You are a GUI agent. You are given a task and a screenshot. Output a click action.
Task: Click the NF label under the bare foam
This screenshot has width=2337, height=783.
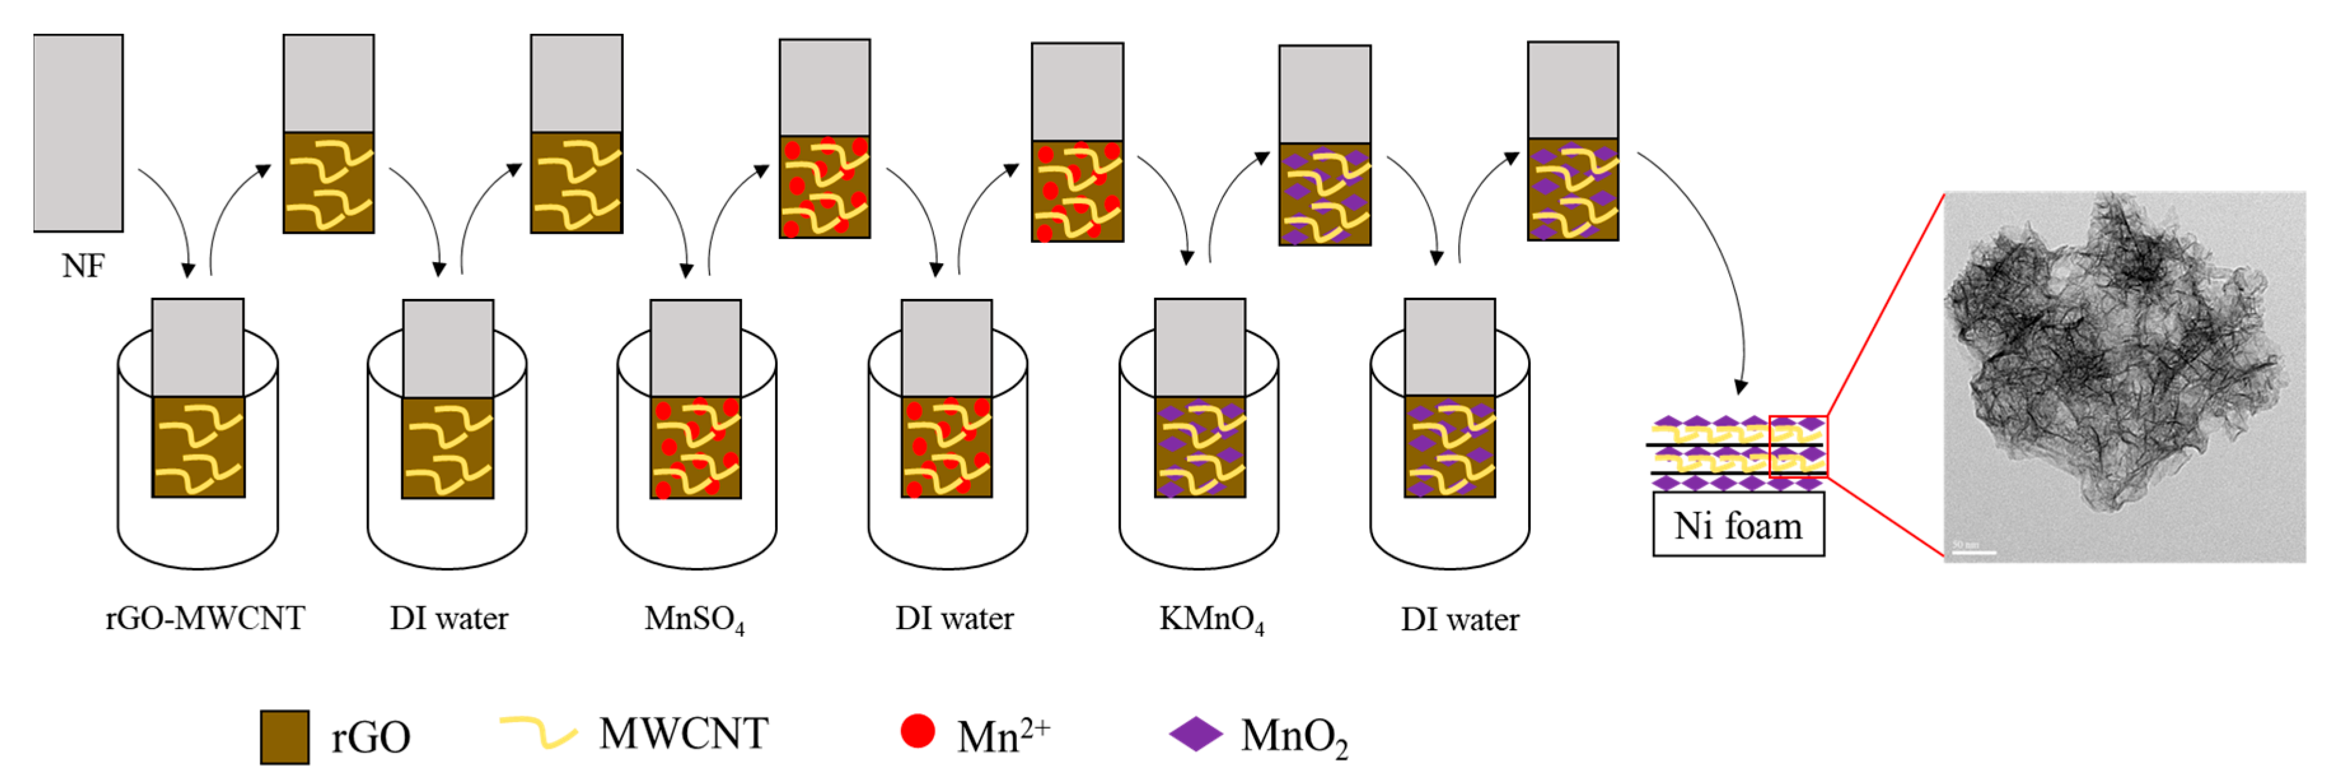[x=83, y=266]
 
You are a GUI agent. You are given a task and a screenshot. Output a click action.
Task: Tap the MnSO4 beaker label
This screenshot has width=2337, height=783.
[x=694, y=620]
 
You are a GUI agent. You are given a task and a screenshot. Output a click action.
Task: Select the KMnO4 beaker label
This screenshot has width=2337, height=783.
[x=1211, y=620]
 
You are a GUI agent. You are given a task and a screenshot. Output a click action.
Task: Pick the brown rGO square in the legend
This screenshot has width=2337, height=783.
[x=284, y=737]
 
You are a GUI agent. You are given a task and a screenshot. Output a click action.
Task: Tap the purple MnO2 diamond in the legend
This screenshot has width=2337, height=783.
[x=1196, y=734]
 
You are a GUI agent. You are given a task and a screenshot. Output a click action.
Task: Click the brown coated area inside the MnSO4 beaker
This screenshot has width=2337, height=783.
[x=696, y=447]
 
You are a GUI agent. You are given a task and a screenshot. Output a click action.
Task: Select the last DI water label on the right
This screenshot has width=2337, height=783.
[x=1459, y=620]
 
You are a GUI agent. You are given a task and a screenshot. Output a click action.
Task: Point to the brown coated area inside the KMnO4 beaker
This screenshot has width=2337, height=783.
[x=1199, y=447]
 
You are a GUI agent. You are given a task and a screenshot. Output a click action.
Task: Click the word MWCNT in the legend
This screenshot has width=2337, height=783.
[x=683, y=733]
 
